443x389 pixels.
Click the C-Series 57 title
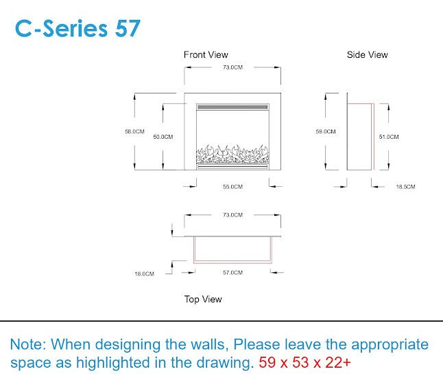pyautogui.click(x=77, y=28)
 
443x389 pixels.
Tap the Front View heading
pyautogui.click(x=206, y=55)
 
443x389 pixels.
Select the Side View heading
pyautogui.click(x=368, y=55)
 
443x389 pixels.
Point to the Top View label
pyautogui.click(x=203, y=299)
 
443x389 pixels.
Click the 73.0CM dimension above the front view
pyautogui.click(x=232, y=67)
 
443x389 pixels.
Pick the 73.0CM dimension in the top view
pyautogui.click(x=232, y=215)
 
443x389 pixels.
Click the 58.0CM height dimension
pyautogui.click(x=135, y=131)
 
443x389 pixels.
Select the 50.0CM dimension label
pyautogui.click(x=163, y=137)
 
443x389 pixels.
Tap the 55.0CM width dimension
pyautogui.click(x=232, y=186)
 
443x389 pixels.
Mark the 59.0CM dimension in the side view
pyautogui.click(x=326, y=131)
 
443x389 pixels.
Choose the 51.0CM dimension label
pyautogui.click(x=389, y=137)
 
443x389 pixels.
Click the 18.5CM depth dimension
pyautogui.click(x=405, y=186)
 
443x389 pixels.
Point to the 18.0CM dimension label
pyautogui.click(x=145, y=274)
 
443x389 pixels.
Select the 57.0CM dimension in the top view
pyautogui.click(x=232, y=272)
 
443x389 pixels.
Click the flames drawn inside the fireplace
pyautogui.click(x=232, y=154)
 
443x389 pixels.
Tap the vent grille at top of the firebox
pyautogui.click(x=232, y=107)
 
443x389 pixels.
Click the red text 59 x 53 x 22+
pyautogui.click(x=304, y=362)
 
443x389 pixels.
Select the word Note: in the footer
pyautogui.click(x=28, y=344)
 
